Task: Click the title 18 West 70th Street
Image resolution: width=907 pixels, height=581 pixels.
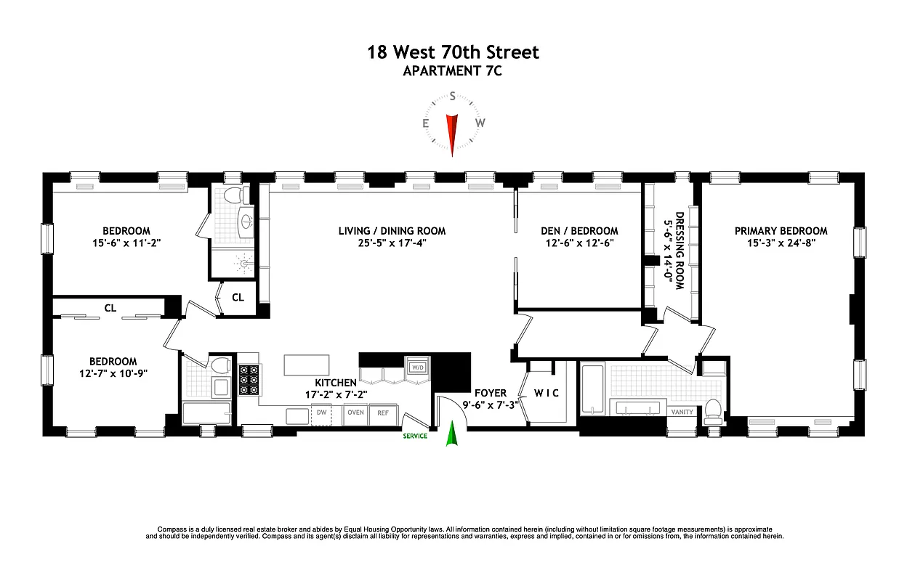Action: (453, 52)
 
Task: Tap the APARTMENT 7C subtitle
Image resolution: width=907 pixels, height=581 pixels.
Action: (453, 71)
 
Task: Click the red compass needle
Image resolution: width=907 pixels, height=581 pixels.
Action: (452, 131)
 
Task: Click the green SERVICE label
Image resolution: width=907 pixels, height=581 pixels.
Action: (415, 436)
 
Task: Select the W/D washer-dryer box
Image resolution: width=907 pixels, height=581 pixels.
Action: (417, 367)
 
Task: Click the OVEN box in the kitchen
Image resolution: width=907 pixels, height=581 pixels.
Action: (355, 413)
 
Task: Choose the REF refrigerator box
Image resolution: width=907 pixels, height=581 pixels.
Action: (382, 413)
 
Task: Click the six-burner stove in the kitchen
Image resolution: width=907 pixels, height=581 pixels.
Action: (249, 380)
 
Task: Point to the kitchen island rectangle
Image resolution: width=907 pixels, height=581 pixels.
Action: (306, 363)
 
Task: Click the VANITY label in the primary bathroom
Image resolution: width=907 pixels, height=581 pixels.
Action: (683, 412)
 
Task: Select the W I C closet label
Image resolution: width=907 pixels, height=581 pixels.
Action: (546, 394)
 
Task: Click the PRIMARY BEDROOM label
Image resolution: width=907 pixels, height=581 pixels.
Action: (781, 231)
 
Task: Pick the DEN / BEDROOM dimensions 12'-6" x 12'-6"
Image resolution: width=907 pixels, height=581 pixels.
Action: (579, 244)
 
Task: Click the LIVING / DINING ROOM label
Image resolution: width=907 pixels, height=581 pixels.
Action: (392, 231)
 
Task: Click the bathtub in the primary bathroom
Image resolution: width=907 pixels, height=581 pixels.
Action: (592, 392)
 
